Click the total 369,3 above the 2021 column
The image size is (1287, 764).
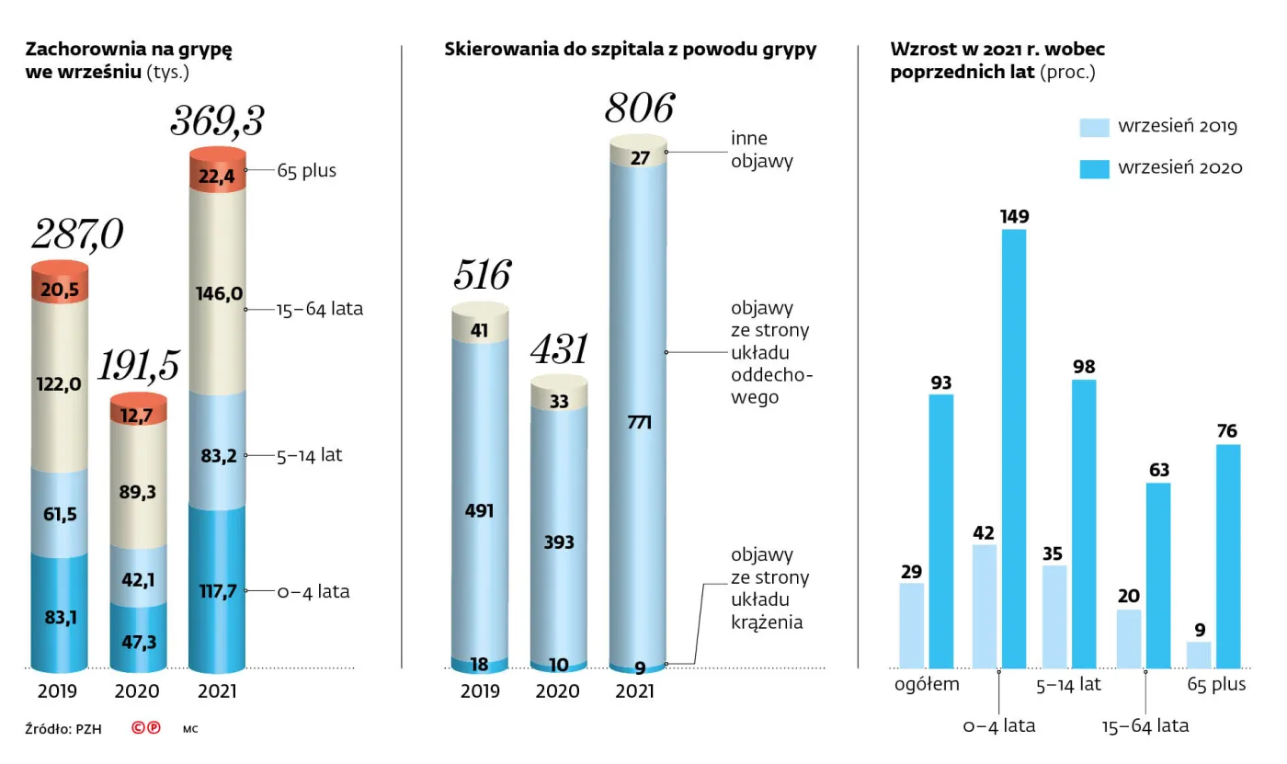[x=218, y=121]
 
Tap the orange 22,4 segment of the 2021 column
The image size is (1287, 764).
[x=218, y=172]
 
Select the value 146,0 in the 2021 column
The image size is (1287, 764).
[x=218, y=294]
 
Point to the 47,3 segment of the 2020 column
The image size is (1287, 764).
[x=138, y=641]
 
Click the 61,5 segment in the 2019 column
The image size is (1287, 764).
[x=60, y=514]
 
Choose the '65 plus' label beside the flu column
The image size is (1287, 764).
[x=306, y=171]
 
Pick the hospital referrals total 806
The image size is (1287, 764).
[x=639, y=108]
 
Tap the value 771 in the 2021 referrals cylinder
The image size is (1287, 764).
[x=639, y=423]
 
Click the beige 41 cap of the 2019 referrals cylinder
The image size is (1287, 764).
[x=480, y=330]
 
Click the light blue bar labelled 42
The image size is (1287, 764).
[x=985, y=606]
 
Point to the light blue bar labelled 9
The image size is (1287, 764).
[x=1199, y=655]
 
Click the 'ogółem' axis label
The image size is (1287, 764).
[x=928, y=684]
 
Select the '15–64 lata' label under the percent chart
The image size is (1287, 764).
[x=1145, y=726]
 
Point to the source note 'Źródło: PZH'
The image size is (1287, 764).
[x=63, y=729]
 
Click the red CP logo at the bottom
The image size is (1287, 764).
[x=145, y=728]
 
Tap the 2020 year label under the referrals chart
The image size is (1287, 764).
[x=558, y=691]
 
